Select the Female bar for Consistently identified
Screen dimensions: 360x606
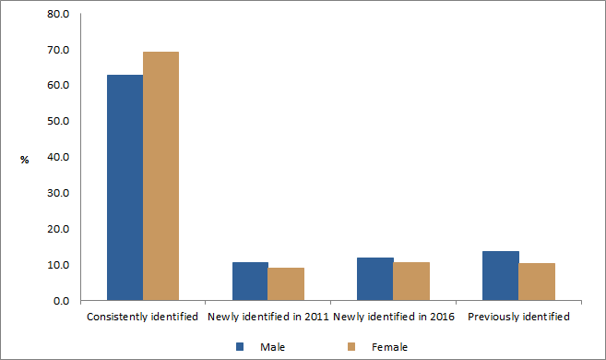(x=160, y=176)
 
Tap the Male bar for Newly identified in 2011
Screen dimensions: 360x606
(x=250, y=282)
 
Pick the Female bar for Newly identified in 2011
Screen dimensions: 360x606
(x=286, y=284)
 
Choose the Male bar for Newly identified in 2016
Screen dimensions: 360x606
(x=375, y=279)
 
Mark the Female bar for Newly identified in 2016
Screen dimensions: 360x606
(x=411, y=282)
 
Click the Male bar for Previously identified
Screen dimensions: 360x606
(x=501, y=276)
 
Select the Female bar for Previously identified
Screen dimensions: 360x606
(x=536, y=282)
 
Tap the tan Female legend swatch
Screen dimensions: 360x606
(x=351, y=347)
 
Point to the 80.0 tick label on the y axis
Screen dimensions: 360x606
(x=57, y=14)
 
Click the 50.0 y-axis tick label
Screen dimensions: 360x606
(x=57, y=121)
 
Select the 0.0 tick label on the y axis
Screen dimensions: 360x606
(x=60, y=301)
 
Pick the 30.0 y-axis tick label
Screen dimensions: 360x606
(x=57, y=193)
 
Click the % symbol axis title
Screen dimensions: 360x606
(x=25, y=160)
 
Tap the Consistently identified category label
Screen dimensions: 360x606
(x=142, y=318)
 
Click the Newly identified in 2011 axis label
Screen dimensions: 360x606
(x=267, y=318)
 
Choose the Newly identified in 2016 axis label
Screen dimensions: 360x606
(x=393, y=318)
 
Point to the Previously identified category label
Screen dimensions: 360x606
(x=518, y=318)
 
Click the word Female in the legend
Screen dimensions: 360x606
(x=389, y=347)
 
